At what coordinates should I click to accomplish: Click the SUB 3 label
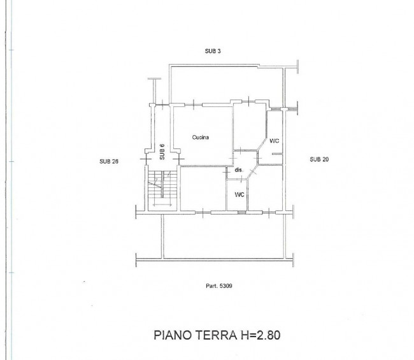pos(213,51)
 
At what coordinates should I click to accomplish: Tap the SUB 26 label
pos(109,161)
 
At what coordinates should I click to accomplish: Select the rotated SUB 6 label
pos(162,152)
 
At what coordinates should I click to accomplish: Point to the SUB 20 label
pos(319,159)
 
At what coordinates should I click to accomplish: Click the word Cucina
pos(201,138)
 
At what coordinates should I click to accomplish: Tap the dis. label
pos(239,170)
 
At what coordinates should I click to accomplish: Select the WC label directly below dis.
pos(239,195)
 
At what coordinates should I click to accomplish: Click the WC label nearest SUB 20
pos(274,141)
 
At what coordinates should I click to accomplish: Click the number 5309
pos(225,286)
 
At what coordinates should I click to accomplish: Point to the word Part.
pos(211,286)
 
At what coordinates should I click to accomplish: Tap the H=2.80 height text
pos(260,335)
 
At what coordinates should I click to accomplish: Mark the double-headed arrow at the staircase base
pos(162,205)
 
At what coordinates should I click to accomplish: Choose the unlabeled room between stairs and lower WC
pos(203,189)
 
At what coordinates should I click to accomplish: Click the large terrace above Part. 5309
pos(224,236)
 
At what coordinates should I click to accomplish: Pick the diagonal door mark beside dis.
pos(252,172)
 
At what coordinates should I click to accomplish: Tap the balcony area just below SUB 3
pos(226,84)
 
